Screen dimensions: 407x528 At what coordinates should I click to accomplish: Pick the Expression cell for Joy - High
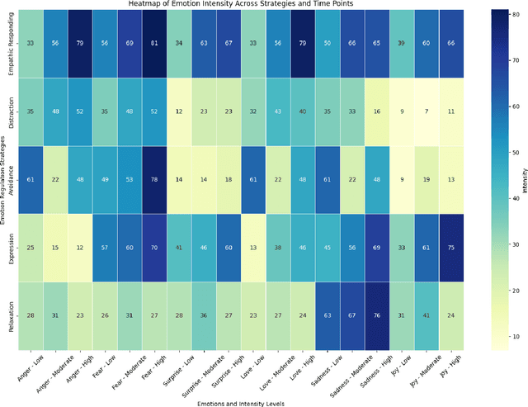450,247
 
